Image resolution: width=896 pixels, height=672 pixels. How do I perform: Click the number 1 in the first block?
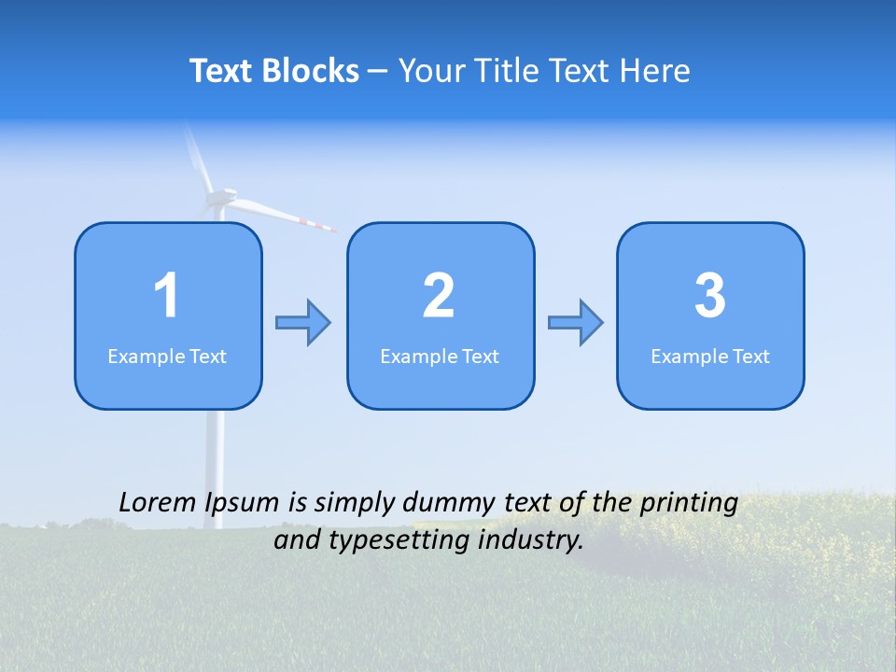167,296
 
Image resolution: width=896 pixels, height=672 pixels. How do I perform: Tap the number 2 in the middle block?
439,296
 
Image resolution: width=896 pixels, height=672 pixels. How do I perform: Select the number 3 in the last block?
710,296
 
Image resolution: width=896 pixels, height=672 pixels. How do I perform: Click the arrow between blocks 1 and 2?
303,323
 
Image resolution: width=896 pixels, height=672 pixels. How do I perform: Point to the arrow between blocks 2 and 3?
576,323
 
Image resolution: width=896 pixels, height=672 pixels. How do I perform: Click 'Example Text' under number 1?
167,357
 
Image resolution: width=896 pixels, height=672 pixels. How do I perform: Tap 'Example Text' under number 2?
440,357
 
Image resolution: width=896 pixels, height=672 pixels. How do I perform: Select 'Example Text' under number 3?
710,357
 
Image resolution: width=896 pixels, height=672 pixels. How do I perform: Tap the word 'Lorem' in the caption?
158,502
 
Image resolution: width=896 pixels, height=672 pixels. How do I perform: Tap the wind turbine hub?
220,197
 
